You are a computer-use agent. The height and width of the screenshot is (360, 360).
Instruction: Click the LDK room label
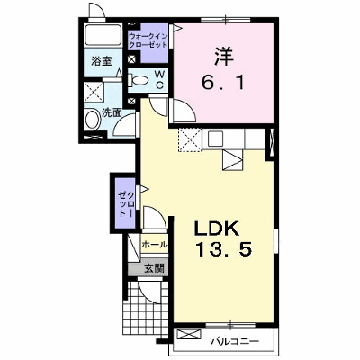coord(217,229)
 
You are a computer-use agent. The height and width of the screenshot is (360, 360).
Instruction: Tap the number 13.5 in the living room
coord(223,249)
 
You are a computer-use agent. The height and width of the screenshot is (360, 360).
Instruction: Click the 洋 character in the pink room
coord(224,57)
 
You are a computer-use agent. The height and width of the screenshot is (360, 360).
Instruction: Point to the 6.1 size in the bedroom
coord(223,82)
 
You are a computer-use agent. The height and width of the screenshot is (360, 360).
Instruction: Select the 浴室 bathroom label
coord(102,61)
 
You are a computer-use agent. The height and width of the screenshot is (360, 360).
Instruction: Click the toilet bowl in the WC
coord(139,80)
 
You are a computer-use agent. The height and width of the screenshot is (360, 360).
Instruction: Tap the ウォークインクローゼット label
coord(148,40)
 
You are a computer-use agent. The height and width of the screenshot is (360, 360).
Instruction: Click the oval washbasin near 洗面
coord(92,120)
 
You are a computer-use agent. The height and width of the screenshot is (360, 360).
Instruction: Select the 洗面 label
coord(112,112)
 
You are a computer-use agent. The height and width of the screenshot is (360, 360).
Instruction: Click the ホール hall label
coord(154,245)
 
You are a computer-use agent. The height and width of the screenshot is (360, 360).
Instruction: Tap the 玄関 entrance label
coord(155,268)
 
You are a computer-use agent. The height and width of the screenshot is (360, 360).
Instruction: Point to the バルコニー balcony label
coord(234,341)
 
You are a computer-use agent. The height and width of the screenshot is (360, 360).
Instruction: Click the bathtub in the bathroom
coord(103,35)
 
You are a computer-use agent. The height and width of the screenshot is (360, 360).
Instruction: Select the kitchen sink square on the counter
coord(215,139)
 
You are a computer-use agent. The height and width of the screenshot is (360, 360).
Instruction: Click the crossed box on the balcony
coord(189,335)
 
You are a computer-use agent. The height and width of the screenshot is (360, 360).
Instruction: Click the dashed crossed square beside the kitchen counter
coord(190,139)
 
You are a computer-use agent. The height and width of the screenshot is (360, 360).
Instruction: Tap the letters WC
coord(160,80)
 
